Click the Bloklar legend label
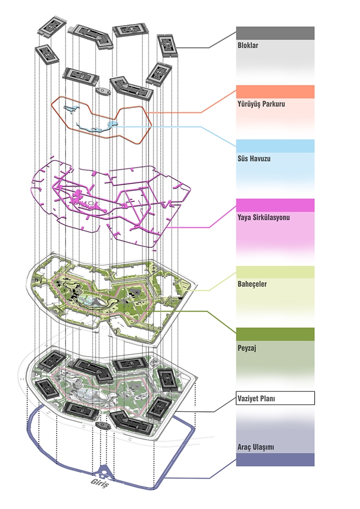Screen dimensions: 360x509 coord(248,45)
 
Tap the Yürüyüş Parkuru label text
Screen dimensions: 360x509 coord(261,104)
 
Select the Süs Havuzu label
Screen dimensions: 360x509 coord(254,159)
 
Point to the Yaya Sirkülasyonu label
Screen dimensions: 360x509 coord(263,217)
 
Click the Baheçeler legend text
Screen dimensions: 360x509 coord(252,284)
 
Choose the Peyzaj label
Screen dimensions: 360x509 coord(247,348)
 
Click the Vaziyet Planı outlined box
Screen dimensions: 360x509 coord(275,398)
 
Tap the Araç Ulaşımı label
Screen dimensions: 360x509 coord(256,447)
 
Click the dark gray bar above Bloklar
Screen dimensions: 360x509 coord(275,33)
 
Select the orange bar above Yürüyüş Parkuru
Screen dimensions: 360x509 coord(275,92)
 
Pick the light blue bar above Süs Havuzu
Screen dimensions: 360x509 coord(275,146)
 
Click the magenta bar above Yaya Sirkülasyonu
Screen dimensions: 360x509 coord(275,205)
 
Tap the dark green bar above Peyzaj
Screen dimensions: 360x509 coord(275,334)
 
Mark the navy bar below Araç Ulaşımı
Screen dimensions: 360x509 coord(275,460)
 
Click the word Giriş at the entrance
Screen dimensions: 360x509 coord(99,483)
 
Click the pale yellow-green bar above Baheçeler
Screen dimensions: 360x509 coord(275,272)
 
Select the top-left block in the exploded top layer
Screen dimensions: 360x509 coord(52,25)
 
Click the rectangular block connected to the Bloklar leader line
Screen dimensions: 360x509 coord(167,46)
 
